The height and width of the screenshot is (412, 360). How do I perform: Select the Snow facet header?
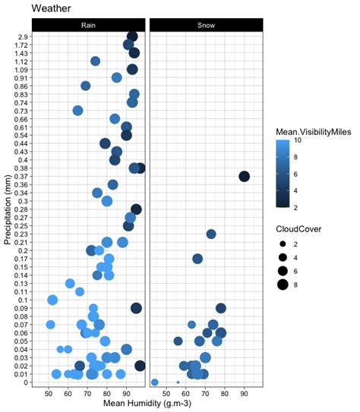tap(206, 25)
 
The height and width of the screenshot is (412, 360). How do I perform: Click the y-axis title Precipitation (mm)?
tap(7, 205)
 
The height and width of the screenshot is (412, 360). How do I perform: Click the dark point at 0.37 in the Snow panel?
tap(244, 177)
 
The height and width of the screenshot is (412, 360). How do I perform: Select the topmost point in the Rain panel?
tap(131, 36)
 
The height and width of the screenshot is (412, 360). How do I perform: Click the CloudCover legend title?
tap(298, 227)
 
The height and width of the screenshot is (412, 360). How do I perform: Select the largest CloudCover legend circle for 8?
tap(283, 285)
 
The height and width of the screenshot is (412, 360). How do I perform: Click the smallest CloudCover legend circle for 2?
tap(283, 244)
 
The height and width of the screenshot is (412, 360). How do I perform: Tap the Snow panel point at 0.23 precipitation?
tap(211, 234)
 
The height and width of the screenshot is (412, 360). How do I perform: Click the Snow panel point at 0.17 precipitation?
tap(197, 259)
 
